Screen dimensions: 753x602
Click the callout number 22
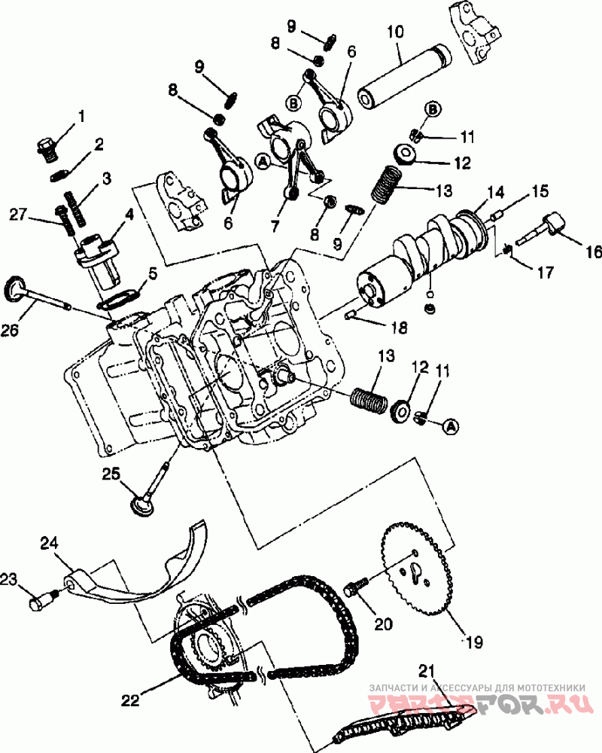pyautogui.click(x=130, y=700)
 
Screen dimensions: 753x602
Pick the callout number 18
pyautogui.click(x=399, y=327)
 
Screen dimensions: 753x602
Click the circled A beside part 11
pyautogui.click(x=451, y=427)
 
